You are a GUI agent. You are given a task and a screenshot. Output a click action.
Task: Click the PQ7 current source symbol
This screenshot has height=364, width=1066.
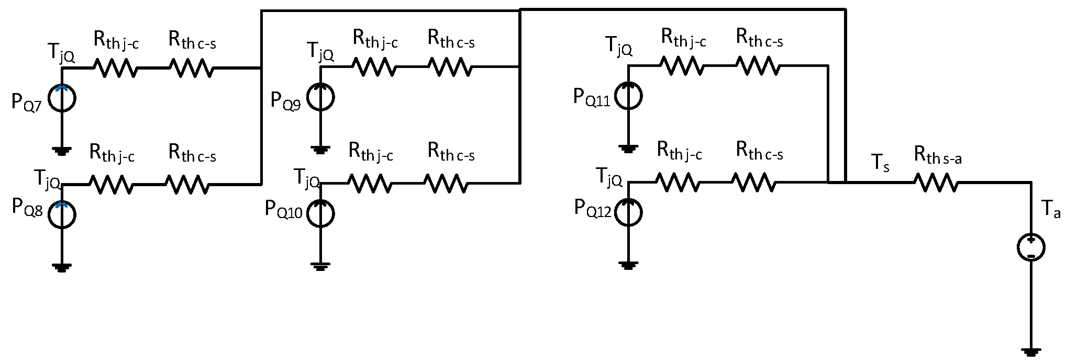[62, 98]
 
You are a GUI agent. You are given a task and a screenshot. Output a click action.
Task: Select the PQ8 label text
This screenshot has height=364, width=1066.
[27, 208]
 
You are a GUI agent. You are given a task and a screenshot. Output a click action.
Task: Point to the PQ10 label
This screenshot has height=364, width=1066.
[283, 209]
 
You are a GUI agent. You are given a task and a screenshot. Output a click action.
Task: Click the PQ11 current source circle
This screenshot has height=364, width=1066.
[628, 96]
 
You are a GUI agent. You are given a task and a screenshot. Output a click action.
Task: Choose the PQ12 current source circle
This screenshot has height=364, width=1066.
[628, 213]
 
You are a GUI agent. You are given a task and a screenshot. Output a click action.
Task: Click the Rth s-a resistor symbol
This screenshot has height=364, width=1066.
[937, 183]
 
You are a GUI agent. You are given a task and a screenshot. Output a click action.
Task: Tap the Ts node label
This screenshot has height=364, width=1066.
[881, 164]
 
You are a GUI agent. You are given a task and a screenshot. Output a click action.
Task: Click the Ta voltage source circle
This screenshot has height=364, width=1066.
[1030, 248]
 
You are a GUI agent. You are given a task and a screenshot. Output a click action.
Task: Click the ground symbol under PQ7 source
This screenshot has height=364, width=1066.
[62, 152]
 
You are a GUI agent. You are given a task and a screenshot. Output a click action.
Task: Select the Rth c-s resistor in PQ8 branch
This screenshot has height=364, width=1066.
[187, 184]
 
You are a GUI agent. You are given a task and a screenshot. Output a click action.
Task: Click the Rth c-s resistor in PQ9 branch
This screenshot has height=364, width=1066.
[449, 67]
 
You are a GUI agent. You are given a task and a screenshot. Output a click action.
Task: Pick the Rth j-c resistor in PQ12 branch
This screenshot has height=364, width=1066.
[676, 183]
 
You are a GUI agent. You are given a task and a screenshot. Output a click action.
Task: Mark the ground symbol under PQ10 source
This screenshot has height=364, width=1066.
[319, 267]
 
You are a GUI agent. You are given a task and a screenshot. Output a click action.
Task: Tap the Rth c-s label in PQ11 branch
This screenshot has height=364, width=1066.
[759, 38]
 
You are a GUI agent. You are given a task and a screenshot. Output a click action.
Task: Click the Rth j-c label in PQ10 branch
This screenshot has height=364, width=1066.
[371, 153]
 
